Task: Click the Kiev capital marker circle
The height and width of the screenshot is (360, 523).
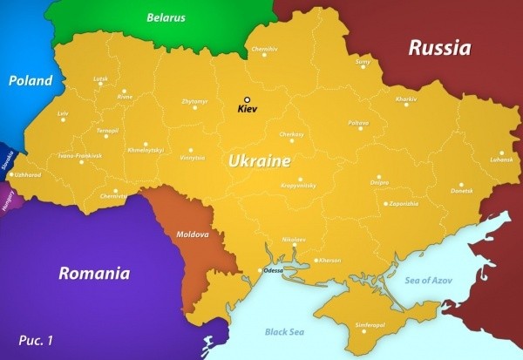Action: point(247,100)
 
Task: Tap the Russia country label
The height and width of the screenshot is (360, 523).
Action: point(439,47)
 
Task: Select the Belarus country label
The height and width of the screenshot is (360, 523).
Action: point(166,17)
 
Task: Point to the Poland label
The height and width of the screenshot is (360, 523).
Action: point(31,80)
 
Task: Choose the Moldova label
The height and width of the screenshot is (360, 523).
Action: point(193,234)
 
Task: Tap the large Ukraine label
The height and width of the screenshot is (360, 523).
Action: point(260,161)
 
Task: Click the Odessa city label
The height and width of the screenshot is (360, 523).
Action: point(273,270)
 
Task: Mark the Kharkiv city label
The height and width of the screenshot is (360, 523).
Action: point(406,99)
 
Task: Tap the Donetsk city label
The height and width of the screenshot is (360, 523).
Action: point(462,190)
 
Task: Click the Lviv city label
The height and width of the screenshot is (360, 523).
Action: point(63,113)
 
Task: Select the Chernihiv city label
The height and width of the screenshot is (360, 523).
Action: point(264,49)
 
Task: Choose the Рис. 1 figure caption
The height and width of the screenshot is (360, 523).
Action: point(36,340)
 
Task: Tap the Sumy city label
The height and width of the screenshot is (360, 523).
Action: point(363,62)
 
